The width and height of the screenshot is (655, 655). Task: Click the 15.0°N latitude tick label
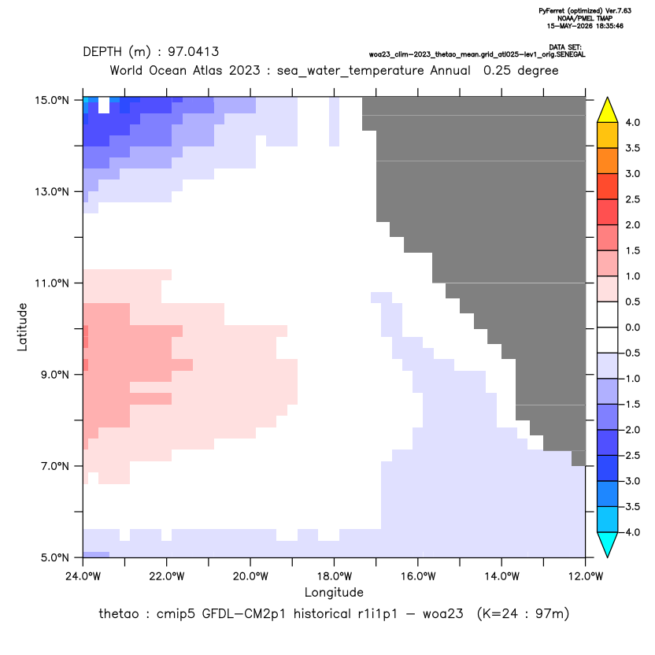pyautogui.click(x=52, y=101)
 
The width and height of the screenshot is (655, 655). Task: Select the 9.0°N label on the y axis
pyautogui.click(x=55, y=375)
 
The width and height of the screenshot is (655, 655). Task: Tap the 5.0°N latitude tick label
pyautogui.click(x=55, y=557)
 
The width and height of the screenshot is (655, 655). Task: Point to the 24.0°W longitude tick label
pyautogui.click(x=83, y=576)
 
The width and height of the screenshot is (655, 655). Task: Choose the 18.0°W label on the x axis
pyautogui.click(x=334, y=576)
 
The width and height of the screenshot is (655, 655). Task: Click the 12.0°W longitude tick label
pyautogui.click(x=586, y=576)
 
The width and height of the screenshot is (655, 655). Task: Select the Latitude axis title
pyautogui.click(x=22, y=327)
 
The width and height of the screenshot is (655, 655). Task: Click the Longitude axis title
pyautogui.click(x=334, y=592)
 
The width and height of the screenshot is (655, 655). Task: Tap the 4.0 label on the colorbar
pyautogui.click(x=632, y=122)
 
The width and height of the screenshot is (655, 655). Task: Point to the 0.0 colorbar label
pyautogui.click(x=632, y=327)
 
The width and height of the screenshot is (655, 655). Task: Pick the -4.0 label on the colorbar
pyautogui.click(x=630, y=532)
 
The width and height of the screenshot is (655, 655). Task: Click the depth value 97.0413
pyautogui.click(x=194, y=52)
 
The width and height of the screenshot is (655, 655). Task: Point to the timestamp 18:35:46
pyautogui.click(x=609, y=26)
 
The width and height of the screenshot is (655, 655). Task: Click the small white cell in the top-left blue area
pyautogui.click(x=104, y=105)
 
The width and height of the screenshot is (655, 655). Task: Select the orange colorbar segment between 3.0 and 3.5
pyautogui.click(x=608, y=161)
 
